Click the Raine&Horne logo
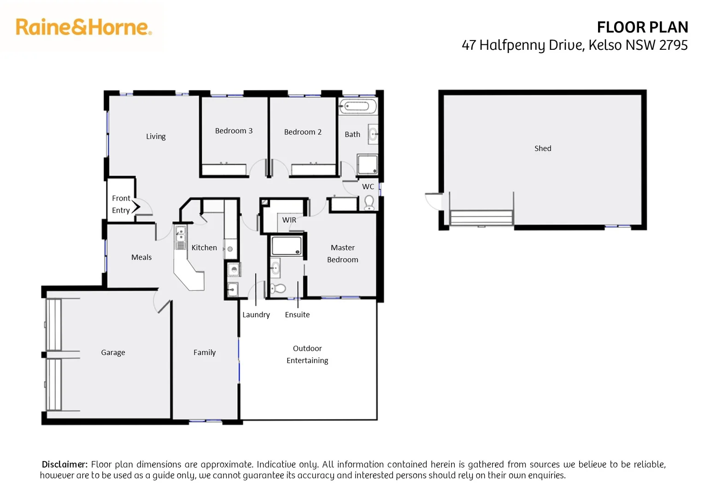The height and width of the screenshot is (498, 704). [83, 27]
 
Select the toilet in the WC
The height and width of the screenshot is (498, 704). [369, 202]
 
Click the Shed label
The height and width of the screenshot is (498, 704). [542, 148]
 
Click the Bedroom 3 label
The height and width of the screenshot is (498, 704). [234, 131]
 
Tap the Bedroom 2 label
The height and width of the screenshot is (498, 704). [303, 132]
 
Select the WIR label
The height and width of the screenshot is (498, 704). [289, 220]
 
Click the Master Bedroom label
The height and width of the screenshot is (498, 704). [342, 254]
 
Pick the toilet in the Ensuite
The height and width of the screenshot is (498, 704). [279, 289]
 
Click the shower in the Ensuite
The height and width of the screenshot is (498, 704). [286, 246]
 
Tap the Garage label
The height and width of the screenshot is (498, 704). [113, 352]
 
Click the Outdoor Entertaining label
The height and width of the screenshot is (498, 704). [307, 354]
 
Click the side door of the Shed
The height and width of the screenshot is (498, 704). [434, 202]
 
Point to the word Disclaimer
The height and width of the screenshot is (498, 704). [65, 464]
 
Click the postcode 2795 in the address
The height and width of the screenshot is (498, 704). [673, 45]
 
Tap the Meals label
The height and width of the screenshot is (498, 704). [141, 257]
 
